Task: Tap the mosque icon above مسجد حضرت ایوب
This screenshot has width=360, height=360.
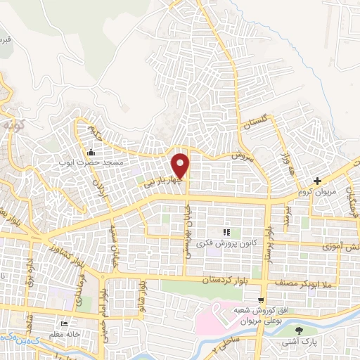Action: click(x=90, y=153)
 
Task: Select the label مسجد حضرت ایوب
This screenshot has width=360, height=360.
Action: click(x=94, y=162)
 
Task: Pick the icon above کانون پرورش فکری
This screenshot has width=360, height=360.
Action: click(x=226, y=231)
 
